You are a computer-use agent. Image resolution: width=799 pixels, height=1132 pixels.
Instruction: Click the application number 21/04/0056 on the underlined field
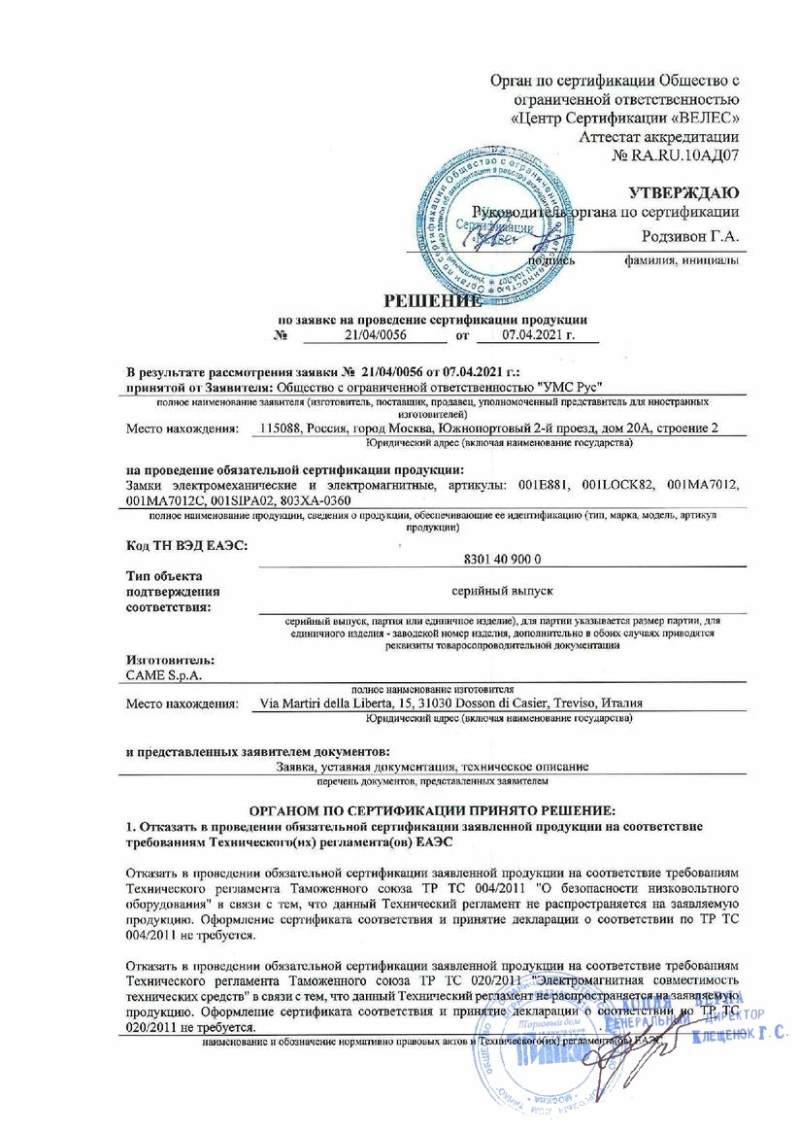(374, 334)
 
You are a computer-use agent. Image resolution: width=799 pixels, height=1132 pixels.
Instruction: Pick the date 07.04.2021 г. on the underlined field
(539, 334)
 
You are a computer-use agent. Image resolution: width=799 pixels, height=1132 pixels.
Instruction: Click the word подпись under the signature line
(550, 260)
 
